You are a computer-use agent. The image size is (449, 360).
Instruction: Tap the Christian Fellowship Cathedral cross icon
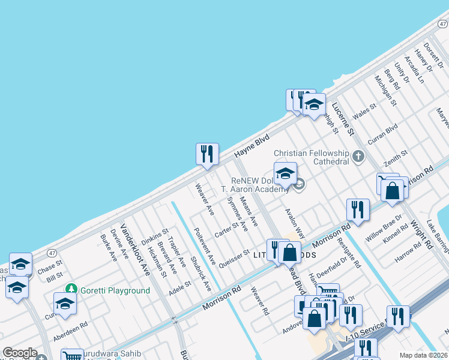tap(358, 157)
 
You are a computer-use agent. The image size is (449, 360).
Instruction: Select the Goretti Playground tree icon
tap(71, 290)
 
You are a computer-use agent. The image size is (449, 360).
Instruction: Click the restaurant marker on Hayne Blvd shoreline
tap(207, 154)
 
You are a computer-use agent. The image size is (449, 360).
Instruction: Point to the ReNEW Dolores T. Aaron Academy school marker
tap(285, 174)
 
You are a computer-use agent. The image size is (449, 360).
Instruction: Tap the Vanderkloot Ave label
tap(135, 250)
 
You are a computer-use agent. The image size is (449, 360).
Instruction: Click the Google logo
tap(20, 353)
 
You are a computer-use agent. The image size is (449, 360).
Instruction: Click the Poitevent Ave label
tap(205, 247)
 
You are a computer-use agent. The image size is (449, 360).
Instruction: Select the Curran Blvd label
tap(384, 130)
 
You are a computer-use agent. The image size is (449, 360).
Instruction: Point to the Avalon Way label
tap(295, 223)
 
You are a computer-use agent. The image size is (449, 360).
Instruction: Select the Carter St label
tap(227, 229)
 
